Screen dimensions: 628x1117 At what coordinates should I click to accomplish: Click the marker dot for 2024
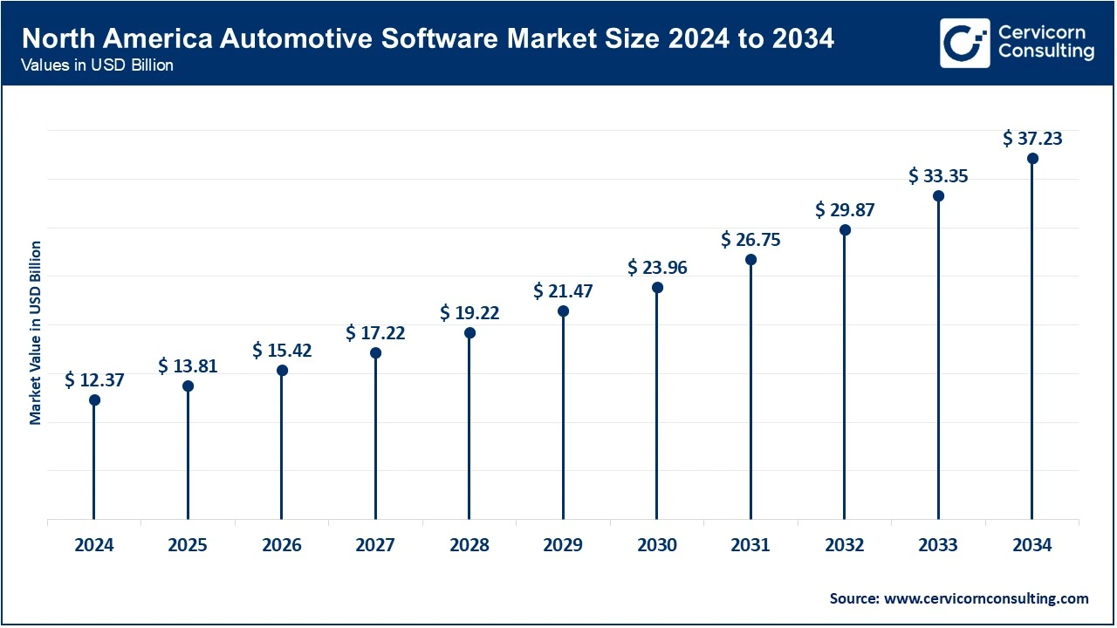(94, 400)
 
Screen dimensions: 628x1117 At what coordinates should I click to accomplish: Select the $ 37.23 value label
(1032, 138)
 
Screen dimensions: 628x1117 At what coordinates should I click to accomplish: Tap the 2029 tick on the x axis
(563, 546)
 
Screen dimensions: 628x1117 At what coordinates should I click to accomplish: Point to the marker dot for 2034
(1032, 159)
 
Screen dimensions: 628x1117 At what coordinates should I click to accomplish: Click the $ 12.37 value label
(94, 379)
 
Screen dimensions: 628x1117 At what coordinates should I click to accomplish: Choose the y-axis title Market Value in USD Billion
(36, 332)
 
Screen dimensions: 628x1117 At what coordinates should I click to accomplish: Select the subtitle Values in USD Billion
(98, 65)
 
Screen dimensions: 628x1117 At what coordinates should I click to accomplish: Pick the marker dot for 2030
(657, 288)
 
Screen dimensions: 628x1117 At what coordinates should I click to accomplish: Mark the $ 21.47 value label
(563, 290)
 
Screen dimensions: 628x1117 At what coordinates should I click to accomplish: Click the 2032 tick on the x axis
(845, 546)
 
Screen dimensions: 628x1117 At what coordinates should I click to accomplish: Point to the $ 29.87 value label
(845, 209)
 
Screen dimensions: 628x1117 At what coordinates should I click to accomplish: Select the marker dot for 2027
(375, 353)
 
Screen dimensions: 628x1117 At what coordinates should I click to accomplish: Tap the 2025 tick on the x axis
(188, 546)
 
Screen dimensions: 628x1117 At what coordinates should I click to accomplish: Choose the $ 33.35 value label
(938, 175)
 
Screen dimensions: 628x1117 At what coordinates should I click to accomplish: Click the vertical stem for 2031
(750, 392)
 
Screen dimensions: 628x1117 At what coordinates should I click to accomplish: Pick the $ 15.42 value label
(282, 350)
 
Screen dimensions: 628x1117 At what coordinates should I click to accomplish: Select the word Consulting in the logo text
(1045, 51)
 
